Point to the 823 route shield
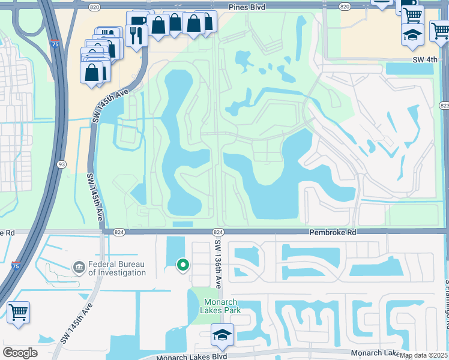[x=444, y=106]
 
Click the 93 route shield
[x=62, y=164]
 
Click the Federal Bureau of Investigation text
[x=117, y=268]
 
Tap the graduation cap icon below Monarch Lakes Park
[x=222, y=334]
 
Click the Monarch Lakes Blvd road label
[x=192, y=356]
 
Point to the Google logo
[x=20, y=353]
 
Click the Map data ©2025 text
[x=423, y=355]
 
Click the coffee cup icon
[x=139, y=21]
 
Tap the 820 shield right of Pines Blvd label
[x=344, y=7]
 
